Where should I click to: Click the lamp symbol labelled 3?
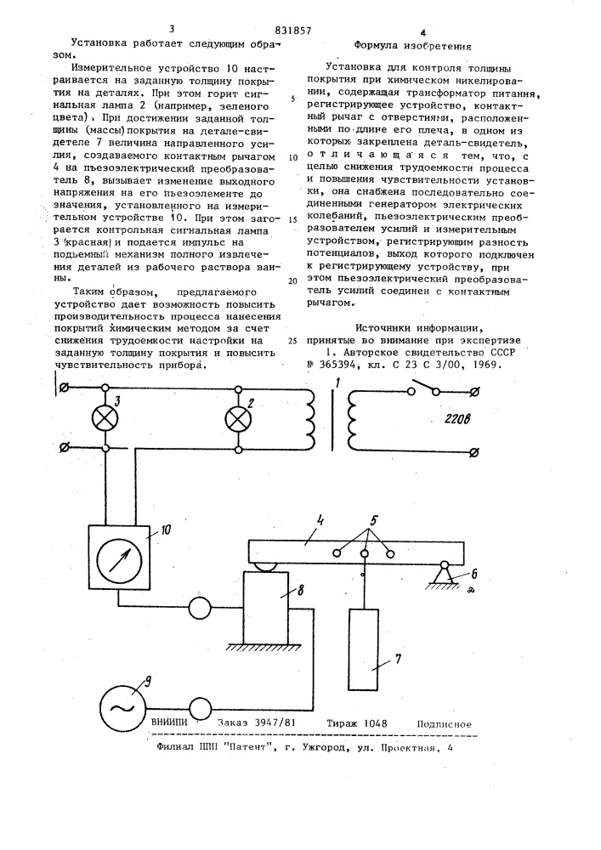point(105,416)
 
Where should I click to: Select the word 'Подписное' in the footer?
point(444,724)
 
